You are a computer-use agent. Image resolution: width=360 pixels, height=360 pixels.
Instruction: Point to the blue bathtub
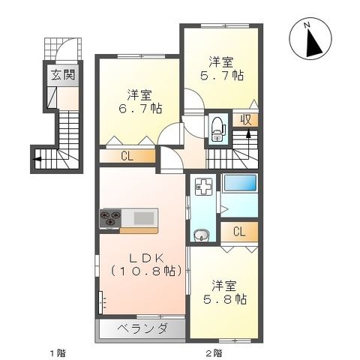(x=240, y=184)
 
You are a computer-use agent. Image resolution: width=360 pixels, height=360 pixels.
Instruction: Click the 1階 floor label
(x=56, y=352)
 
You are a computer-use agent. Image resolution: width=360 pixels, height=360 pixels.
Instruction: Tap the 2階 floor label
(x=214, y=352)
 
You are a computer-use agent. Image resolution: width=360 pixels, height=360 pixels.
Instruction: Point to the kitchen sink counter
(x=143, y=217)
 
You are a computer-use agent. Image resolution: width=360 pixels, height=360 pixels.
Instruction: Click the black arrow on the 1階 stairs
(x=36, y=158)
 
